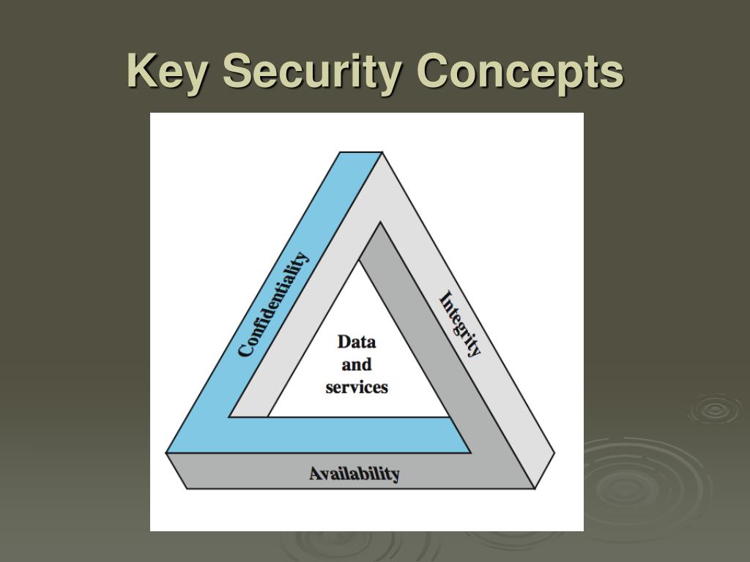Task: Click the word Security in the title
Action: (x=312, y=72)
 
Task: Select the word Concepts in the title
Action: (x=520, y=72)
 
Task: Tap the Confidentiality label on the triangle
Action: (x=273, y=304)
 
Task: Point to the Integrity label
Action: (x=460, y=323)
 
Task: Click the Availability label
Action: (x=354, y=473)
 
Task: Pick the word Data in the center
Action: (x=357, y=342)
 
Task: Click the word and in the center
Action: (x=357, y=364)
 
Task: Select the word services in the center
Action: (x=357, y=387)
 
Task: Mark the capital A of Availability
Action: (x=316, y=473)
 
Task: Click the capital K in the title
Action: (x=141, y=72)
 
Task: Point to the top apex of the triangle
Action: (x=361, y=152)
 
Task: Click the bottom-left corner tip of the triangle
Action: (x=166, y=454)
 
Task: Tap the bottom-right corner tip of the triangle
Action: (x=554, y=454)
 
